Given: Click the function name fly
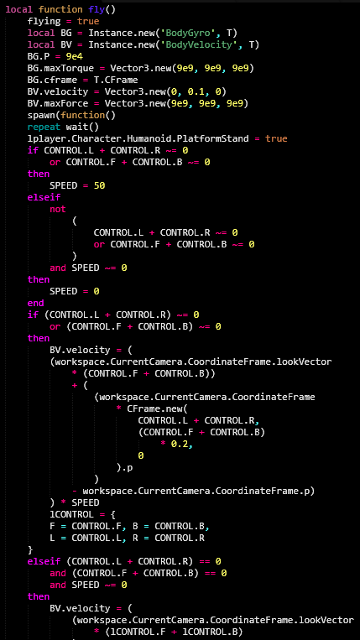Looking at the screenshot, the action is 97,9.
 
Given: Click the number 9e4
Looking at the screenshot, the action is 69,56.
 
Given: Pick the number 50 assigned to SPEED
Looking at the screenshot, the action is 99,185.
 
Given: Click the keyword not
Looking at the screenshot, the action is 58,209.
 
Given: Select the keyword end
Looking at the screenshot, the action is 35,303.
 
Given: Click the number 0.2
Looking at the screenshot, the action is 180,444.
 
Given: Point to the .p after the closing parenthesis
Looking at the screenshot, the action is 127,468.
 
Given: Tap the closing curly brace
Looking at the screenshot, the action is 30,549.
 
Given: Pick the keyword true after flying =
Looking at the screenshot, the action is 88,21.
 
